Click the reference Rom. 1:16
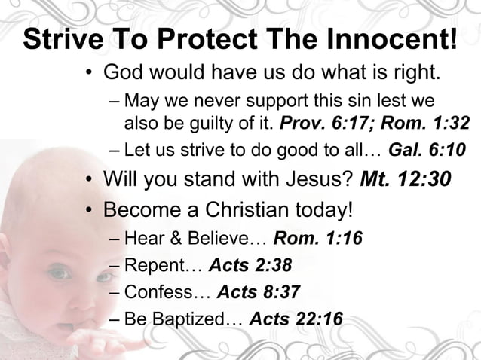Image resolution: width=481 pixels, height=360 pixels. click(x=317, y=239)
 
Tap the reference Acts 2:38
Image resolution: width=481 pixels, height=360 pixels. click(x=250, y=266)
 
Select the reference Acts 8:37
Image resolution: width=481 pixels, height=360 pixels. click(x=256, y=292)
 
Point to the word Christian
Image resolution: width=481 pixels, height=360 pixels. click(x=246, y=208)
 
